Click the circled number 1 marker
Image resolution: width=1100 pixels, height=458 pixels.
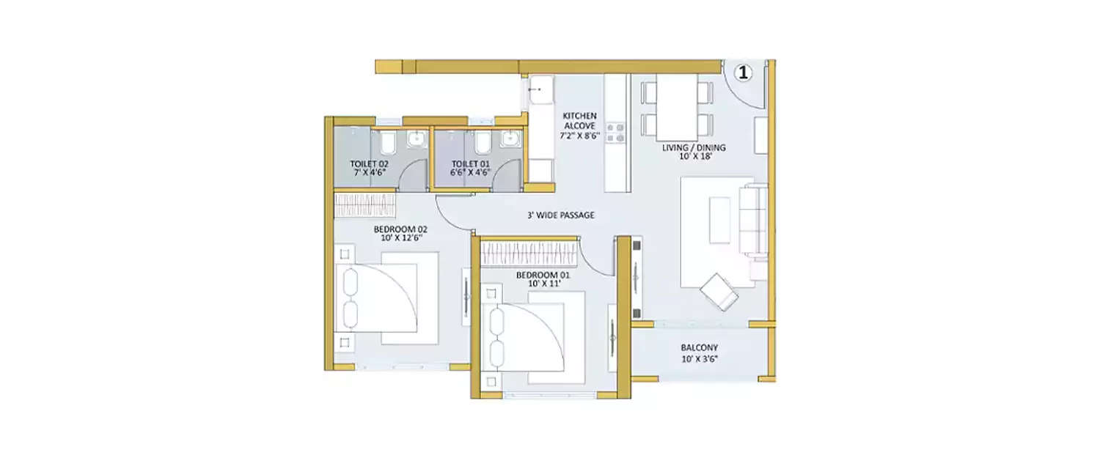[744, 72]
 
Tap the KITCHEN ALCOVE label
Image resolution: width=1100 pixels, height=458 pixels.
[579, 121]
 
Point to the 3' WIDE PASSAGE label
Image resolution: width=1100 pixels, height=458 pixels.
[560, 215]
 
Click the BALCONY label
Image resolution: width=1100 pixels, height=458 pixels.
[699, 348]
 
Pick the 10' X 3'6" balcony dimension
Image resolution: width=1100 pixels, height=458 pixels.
[699, 359]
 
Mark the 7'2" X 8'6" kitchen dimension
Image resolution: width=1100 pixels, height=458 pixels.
[579, 136]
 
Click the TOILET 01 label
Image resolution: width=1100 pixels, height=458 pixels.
[469, 163]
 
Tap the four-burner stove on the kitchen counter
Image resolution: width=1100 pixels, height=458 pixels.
[615, 132]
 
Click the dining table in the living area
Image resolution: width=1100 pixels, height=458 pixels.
[677, 106]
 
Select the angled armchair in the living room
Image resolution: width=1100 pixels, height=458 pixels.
[719, 292]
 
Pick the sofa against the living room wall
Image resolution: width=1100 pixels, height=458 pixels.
[753, 220]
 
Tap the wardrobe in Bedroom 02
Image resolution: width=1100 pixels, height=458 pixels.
[364, 204]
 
